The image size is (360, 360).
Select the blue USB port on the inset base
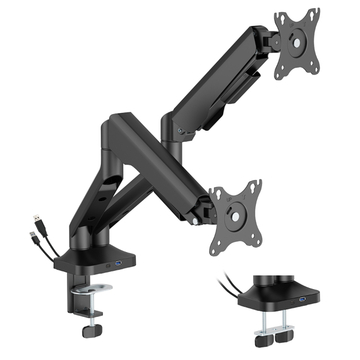(x=302, y=300)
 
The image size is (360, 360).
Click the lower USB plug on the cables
(x=33, y=238)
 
